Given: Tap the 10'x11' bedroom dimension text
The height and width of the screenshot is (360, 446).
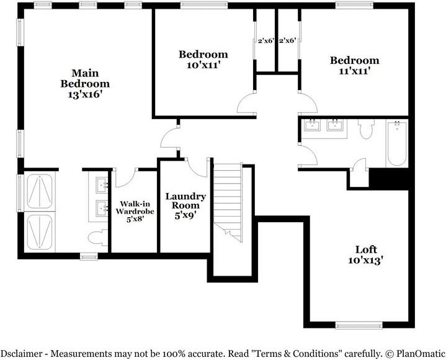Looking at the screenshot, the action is (x=203, y=65).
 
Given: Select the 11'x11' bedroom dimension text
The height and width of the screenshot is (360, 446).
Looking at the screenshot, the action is (x=354, y=71).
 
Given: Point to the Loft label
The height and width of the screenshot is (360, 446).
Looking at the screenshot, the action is (x=366, y=250).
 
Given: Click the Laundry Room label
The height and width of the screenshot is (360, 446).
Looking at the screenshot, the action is (x=185, y=200).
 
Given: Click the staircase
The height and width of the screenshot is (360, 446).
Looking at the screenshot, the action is (x=228, y=202).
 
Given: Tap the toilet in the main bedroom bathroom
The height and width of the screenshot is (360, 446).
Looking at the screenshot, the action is (x=97, y=238).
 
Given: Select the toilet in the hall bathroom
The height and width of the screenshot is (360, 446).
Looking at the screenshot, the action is (x=366, y=128).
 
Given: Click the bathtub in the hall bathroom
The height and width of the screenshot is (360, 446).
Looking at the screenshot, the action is (x=397, y=143).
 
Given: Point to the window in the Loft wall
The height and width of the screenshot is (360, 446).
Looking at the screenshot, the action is (x=359, y=325).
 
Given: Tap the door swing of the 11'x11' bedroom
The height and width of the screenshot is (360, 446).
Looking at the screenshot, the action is (x=308, y=102).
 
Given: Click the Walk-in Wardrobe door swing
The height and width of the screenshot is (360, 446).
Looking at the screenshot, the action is (x=125, y=178).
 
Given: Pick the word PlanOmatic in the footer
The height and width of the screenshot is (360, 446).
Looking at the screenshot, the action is (x=421, y=353).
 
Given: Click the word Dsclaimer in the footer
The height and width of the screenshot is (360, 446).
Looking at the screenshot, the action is (x=21, y=353).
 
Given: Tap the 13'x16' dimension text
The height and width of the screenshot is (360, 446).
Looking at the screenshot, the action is (x=85, y=94).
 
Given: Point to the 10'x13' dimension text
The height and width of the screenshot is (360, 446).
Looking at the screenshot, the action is (x=366, y=260).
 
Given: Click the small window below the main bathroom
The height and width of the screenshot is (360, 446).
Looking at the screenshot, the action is (x=89, y=256).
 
